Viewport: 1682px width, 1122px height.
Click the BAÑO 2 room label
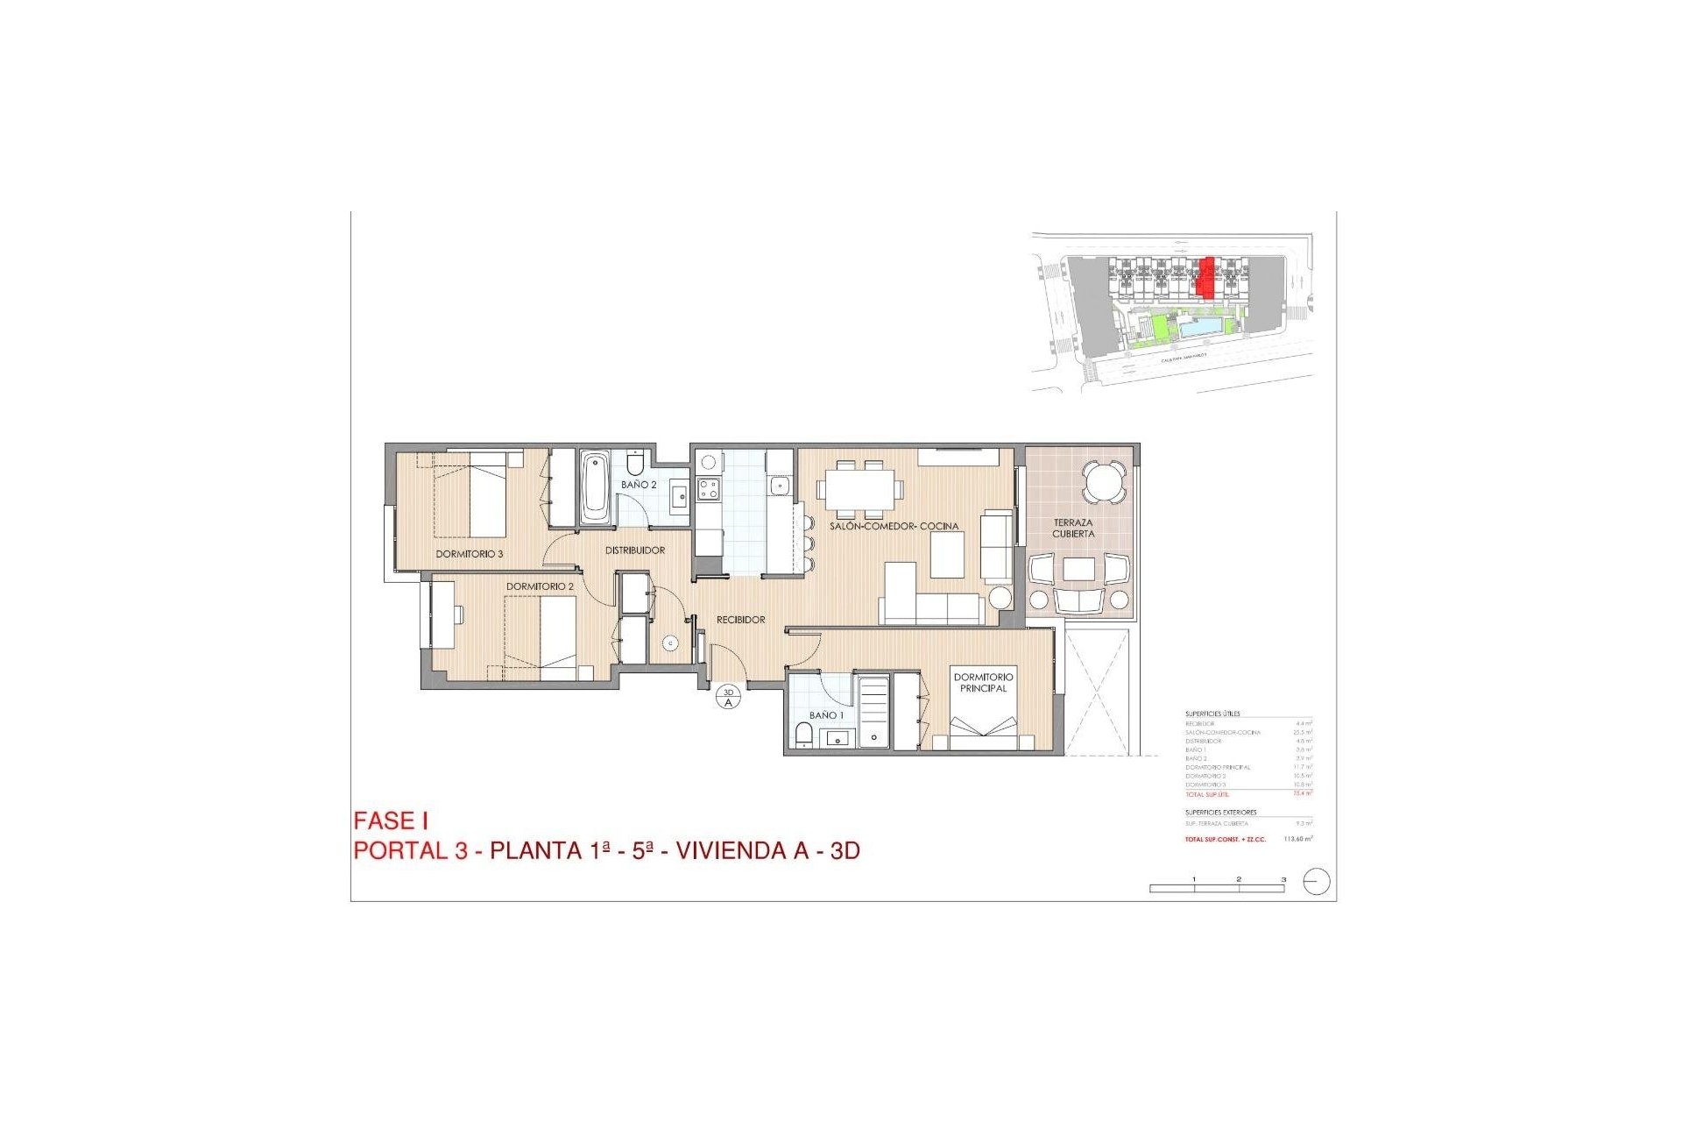click(x=639, y=485)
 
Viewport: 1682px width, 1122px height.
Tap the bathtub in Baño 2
click(x=595, y=487)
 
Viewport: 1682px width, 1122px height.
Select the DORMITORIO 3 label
click(x=470, y=554)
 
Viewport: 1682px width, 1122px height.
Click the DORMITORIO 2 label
click(x=540, y=586)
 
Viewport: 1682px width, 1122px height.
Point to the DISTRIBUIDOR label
click(x=635, y=550)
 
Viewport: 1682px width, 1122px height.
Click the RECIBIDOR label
click(x=741, y=620)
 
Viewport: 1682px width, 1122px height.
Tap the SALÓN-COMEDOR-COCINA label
click(x=894, y=526)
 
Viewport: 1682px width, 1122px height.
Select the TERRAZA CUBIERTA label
click(x=1073, y=528)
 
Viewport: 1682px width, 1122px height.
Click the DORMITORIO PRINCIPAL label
click(x=983, y=682)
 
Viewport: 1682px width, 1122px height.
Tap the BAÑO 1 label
click(x=827, y=715)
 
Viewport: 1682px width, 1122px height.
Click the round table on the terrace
click(x=1103, y=481)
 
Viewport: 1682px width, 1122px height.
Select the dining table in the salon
click(x=859, y=488)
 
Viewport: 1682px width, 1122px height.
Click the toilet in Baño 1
click(x=802, y=735)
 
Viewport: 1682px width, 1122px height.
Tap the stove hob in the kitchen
click(x=708, y=489)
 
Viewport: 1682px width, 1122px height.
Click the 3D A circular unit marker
click(x=728, y=698)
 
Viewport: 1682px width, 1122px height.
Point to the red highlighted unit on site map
click(x=1207, y=277)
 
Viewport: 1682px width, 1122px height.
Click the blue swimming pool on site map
click(x=1195, y=330)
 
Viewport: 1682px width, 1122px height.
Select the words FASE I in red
click(x=391, y=821)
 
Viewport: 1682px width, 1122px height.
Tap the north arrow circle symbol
click(x=1317, y=881)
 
